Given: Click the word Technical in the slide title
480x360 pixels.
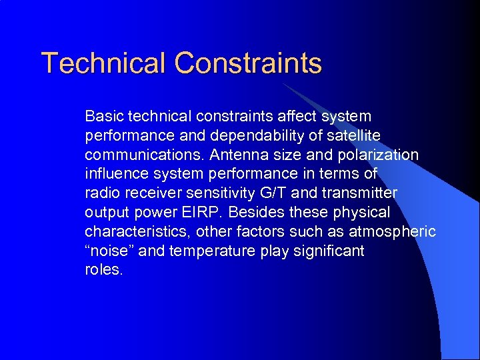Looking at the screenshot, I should tap(104, 63).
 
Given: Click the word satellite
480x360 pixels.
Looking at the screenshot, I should tap(349, 135).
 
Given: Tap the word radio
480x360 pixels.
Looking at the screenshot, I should tap(102, 193).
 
